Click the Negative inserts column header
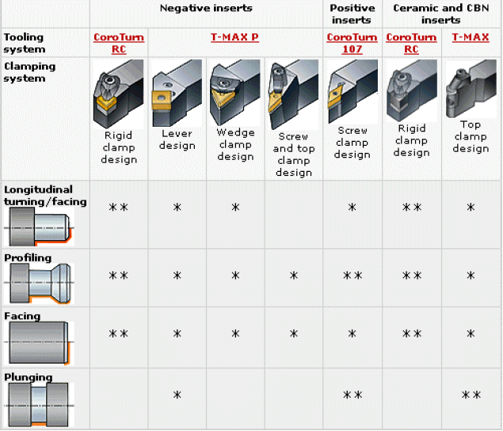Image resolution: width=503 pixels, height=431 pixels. click(206, 8)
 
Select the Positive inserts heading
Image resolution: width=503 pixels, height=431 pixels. click(352, 13)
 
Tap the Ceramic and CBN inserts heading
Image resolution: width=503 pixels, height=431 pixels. click(440, 13)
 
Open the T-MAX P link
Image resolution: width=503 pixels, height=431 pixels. click(234, 37)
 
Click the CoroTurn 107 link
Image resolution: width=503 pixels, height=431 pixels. click(352, 43)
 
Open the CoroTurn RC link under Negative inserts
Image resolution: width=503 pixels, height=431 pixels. click(118, 43)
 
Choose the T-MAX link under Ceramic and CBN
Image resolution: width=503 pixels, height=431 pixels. click(470, 37)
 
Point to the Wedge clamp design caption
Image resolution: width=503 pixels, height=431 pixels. click(235, 145)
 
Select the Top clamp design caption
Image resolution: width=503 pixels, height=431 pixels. click(471, 136)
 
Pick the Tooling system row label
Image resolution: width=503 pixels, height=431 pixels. click(24, 43)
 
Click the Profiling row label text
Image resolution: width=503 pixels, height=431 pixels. click(28, 257)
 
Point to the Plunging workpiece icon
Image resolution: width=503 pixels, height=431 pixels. click(39, 405)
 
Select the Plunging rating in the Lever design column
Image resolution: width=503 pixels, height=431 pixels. click(177, 395)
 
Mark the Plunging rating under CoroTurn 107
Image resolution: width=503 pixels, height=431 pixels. click(352, 395)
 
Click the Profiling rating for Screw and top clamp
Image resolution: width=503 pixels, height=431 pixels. click(293, 276)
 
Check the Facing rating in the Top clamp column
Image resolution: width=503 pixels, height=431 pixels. click(471, 334)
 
